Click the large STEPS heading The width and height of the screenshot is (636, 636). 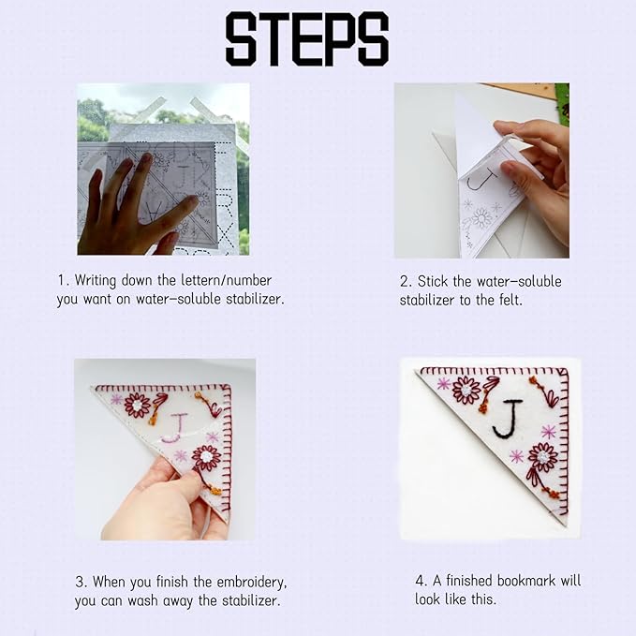tap(307, 39)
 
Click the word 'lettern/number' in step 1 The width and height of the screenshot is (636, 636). tap(227, 280)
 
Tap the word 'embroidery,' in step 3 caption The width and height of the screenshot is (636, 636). tap(252, 582)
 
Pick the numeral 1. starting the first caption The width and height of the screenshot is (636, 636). tap(64, 280)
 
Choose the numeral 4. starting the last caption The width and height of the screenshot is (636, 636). tap(421, 581)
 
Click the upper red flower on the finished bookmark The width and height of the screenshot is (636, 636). tap(466, 391)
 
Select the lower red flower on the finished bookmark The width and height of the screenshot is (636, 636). tap(542, 457)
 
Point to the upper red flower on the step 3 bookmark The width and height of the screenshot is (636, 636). tap(137, 406)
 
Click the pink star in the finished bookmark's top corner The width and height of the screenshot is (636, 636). tap(443, 384)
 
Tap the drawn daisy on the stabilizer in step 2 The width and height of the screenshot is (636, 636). tap(481, 218)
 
